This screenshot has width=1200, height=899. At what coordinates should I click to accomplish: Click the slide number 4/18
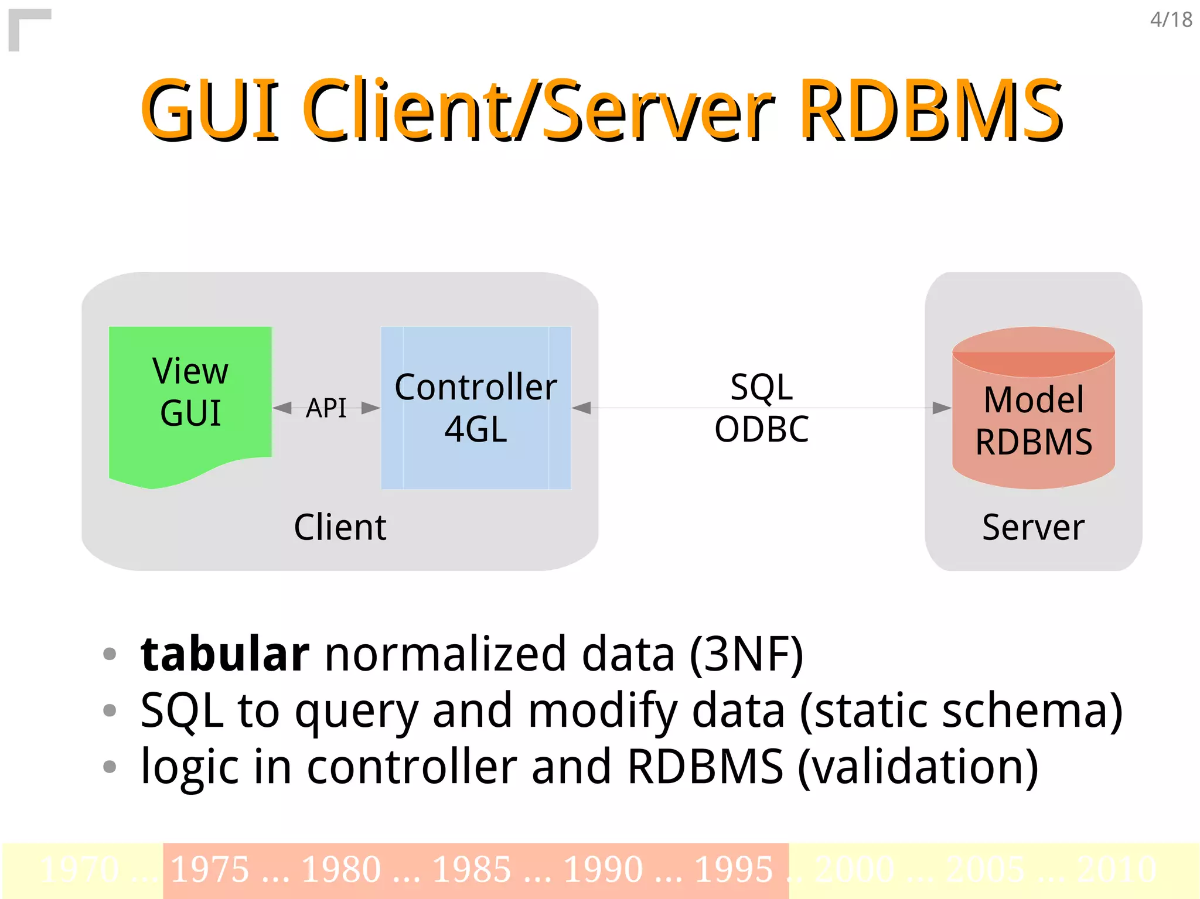click(1170, 20)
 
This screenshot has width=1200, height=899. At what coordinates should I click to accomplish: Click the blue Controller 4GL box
click(475, 408)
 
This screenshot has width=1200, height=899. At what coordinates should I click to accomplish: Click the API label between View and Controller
click(326, 408)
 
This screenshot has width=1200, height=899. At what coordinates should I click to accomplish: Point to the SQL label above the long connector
click(761, 387)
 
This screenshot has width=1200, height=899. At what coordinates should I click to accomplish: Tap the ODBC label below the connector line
click(761, 429)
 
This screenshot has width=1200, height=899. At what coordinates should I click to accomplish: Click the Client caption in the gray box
click(340, 527)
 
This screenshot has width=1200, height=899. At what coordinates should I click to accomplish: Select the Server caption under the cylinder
click(1033, 527)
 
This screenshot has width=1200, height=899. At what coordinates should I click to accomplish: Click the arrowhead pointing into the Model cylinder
click(941, 408)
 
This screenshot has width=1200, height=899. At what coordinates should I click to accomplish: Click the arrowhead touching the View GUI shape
click(282, 408)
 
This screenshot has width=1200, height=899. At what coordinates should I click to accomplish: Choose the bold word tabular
click(225, 654)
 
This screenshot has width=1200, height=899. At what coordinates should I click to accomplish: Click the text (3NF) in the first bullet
click(746, 654)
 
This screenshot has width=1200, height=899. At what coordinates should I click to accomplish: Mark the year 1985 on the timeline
click(472, 869)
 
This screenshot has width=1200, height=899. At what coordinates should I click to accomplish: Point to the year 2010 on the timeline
click(1116, 869)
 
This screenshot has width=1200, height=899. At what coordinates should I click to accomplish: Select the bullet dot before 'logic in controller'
click(110, 766)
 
